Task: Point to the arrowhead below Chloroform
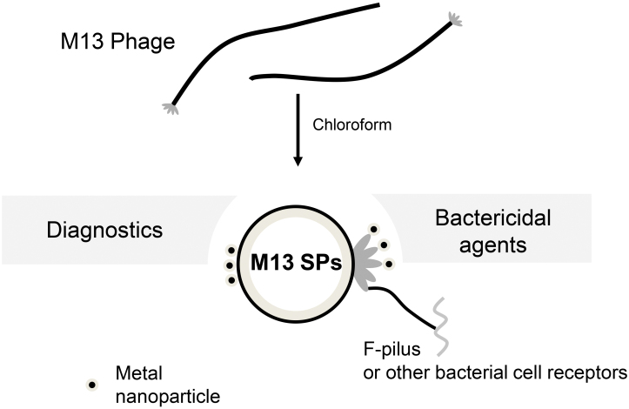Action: pos(298,162)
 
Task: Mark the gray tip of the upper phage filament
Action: pos(455,18)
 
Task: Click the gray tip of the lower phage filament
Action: pos(170,109)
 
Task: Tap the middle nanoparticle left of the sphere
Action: pos(230,265)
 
